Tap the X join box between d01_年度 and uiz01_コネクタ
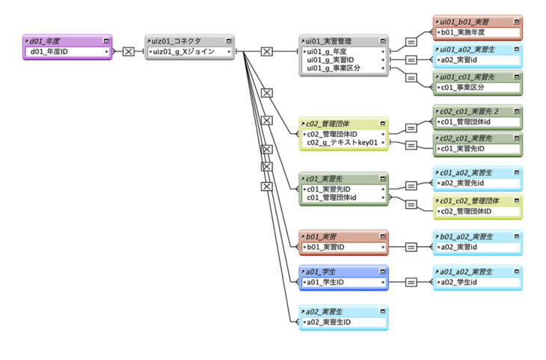pos(128,52)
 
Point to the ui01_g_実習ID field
pos(332,60)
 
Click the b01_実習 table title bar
pos(329,236)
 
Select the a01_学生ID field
pos(330,282)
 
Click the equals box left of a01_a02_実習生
pos(411,282)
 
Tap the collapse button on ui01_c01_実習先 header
pos(517,76)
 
